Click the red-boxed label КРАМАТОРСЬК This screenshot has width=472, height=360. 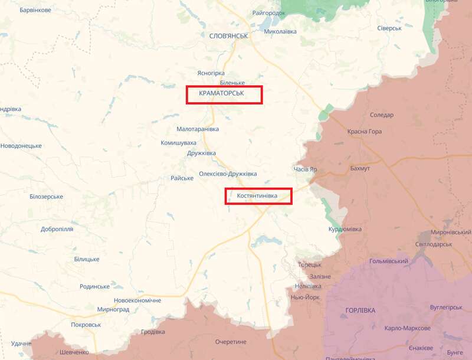(224, 94)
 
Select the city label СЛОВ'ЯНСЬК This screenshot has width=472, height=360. (228, 36)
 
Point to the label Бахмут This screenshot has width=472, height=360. (360, 169)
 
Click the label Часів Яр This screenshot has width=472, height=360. (305, 169)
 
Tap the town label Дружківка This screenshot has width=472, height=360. (201, 153)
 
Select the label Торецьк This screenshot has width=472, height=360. (309, 264)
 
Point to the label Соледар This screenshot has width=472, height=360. (381, 115)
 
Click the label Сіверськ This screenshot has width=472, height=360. (389, 28)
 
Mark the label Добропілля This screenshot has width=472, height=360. (57, 229)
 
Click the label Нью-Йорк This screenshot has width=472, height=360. (306, 297)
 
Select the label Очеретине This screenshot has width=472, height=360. (230, 342)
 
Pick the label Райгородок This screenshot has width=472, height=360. (268, 13)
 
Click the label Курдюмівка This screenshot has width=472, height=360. (345, 229)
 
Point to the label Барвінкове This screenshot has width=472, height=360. (35, 11)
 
